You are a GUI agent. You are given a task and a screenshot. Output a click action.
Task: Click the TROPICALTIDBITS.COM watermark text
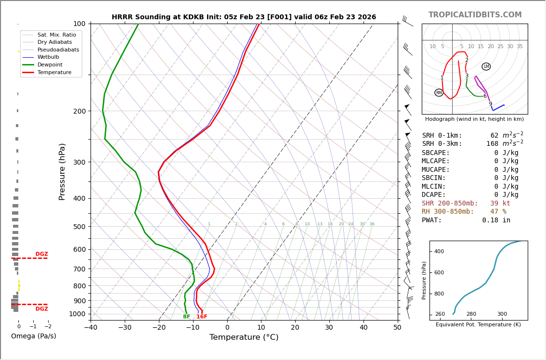(x=475, y=15)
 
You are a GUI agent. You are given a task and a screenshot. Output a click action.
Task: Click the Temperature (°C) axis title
(x=244, y=337)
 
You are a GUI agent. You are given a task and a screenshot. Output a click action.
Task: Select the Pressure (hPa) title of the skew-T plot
(x=63, y=171)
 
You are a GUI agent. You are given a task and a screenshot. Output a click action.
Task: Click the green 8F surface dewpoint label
(x=186, y=317)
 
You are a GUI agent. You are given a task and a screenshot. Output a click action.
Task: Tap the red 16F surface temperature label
(x=202, y=317)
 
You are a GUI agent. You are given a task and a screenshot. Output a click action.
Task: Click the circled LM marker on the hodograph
(x=486, y=66)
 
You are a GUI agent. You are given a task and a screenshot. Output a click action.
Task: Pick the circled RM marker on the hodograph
(x=439, y=92)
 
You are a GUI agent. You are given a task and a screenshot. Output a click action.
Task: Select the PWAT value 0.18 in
(x=496, y=220)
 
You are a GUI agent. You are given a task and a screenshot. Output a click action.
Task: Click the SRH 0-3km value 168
(x=492, y=144)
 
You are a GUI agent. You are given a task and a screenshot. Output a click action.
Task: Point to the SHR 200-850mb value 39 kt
(x=500, y=204)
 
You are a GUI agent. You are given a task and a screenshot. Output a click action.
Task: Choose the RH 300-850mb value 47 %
(x=498, y=212)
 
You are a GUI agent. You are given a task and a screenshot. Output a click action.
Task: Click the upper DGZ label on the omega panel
(x=42, y=254)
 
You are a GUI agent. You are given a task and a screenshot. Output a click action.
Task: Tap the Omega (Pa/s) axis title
(x=33, y=336)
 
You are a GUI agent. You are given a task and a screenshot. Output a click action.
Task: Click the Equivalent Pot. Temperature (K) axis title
(x=478, y=325)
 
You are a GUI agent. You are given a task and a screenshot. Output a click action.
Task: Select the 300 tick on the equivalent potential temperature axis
(x=502, y=314)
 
